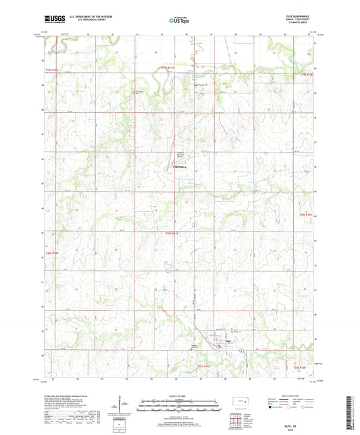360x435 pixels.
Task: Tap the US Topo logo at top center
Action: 179,21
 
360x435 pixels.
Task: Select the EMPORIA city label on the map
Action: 180,165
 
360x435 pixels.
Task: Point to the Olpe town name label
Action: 228,342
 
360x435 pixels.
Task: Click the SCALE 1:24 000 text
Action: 179,395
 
